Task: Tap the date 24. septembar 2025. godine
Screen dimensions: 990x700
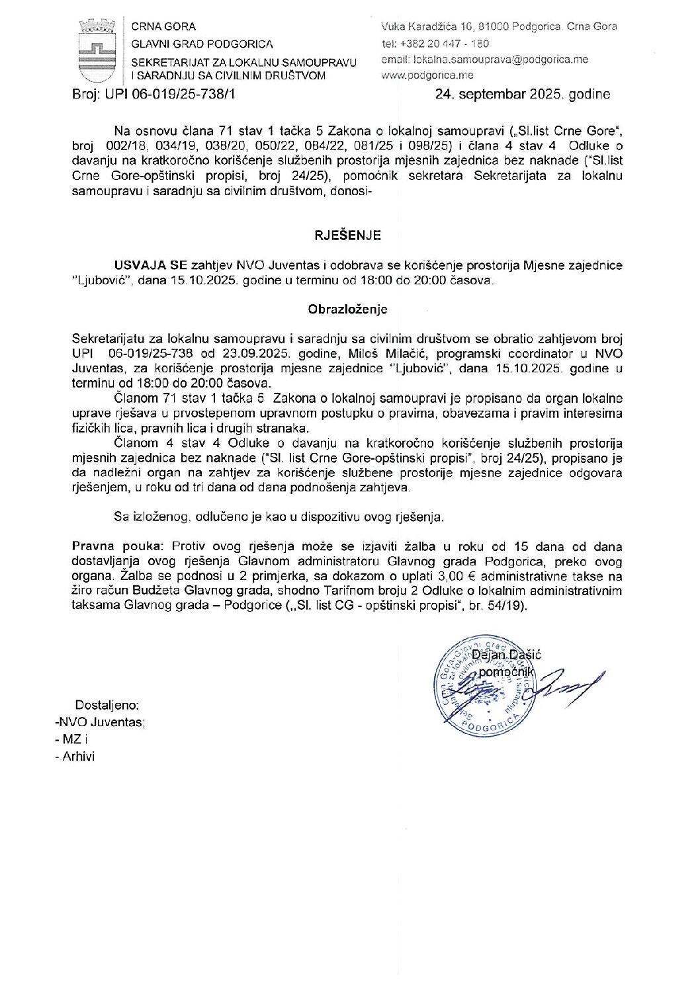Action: [522, 94]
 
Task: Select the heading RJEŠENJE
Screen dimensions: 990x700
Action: [347, 235]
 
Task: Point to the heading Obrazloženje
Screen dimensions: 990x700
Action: [347, 309]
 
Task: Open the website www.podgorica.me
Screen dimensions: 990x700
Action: [427, 75]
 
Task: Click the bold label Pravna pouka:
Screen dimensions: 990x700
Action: [117, 546]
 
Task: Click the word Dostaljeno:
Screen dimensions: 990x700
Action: [107, 706]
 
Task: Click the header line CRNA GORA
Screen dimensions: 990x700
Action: [163, 26]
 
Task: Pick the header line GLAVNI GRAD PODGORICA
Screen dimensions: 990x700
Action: [202, 44]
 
